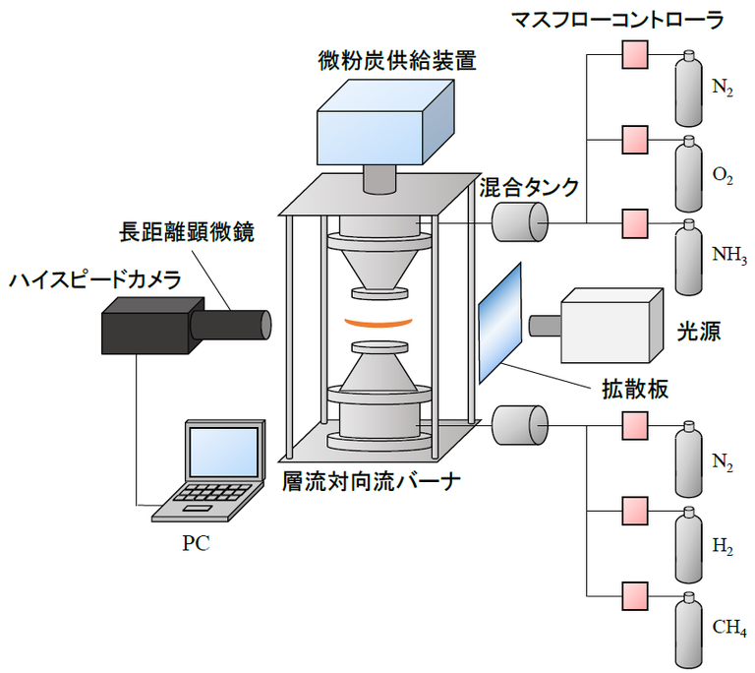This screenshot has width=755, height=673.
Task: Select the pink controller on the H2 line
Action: point(634,511)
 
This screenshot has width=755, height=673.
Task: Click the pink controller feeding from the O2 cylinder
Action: point(634,137)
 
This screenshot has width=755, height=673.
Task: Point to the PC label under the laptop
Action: point(196,543)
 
